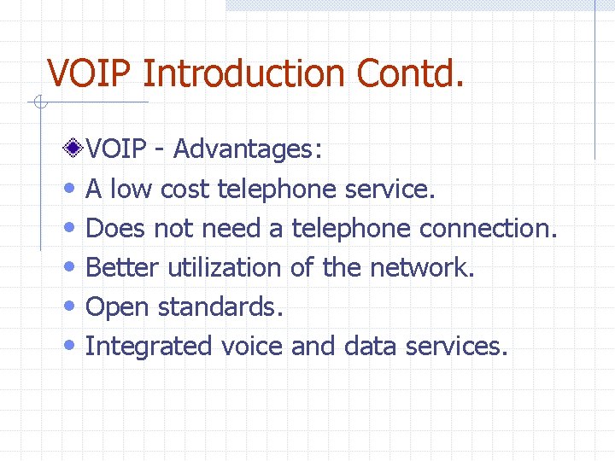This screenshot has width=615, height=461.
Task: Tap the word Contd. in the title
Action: (x=411, y=73)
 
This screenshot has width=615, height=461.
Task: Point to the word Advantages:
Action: (x=248, y=149)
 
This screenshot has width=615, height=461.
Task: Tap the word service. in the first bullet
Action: (x=390, y=190)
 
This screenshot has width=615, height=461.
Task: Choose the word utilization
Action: (x=224, y=268)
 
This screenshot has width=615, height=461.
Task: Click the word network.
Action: (x=421, y=268)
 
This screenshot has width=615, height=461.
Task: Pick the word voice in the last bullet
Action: (x=252, y=347)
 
